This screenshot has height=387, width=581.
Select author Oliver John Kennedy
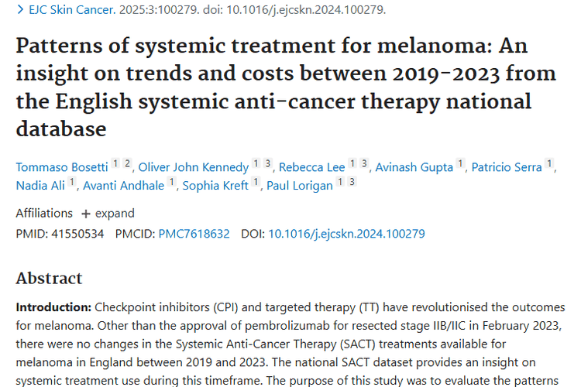(x=194, y=167)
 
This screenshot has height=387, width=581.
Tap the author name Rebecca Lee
(x=311, y=167)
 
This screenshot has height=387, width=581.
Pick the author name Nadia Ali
(x=41, y=185)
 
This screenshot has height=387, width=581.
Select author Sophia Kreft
(x=215, y=185)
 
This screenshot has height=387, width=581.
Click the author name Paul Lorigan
(x=300, y=185)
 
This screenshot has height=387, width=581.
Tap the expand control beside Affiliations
(x=108, y=214)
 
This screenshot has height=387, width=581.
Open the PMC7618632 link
(x=194, y=233)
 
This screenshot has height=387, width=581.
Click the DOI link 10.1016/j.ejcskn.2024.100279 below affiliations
(x=346, y=233)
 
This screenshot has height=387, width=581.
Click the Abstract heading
(x=49, y=278)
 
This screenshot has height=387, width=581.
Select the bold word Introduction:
(x=51, y=307)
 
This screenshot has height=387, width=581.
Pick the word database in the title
(x=60, y=128)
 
